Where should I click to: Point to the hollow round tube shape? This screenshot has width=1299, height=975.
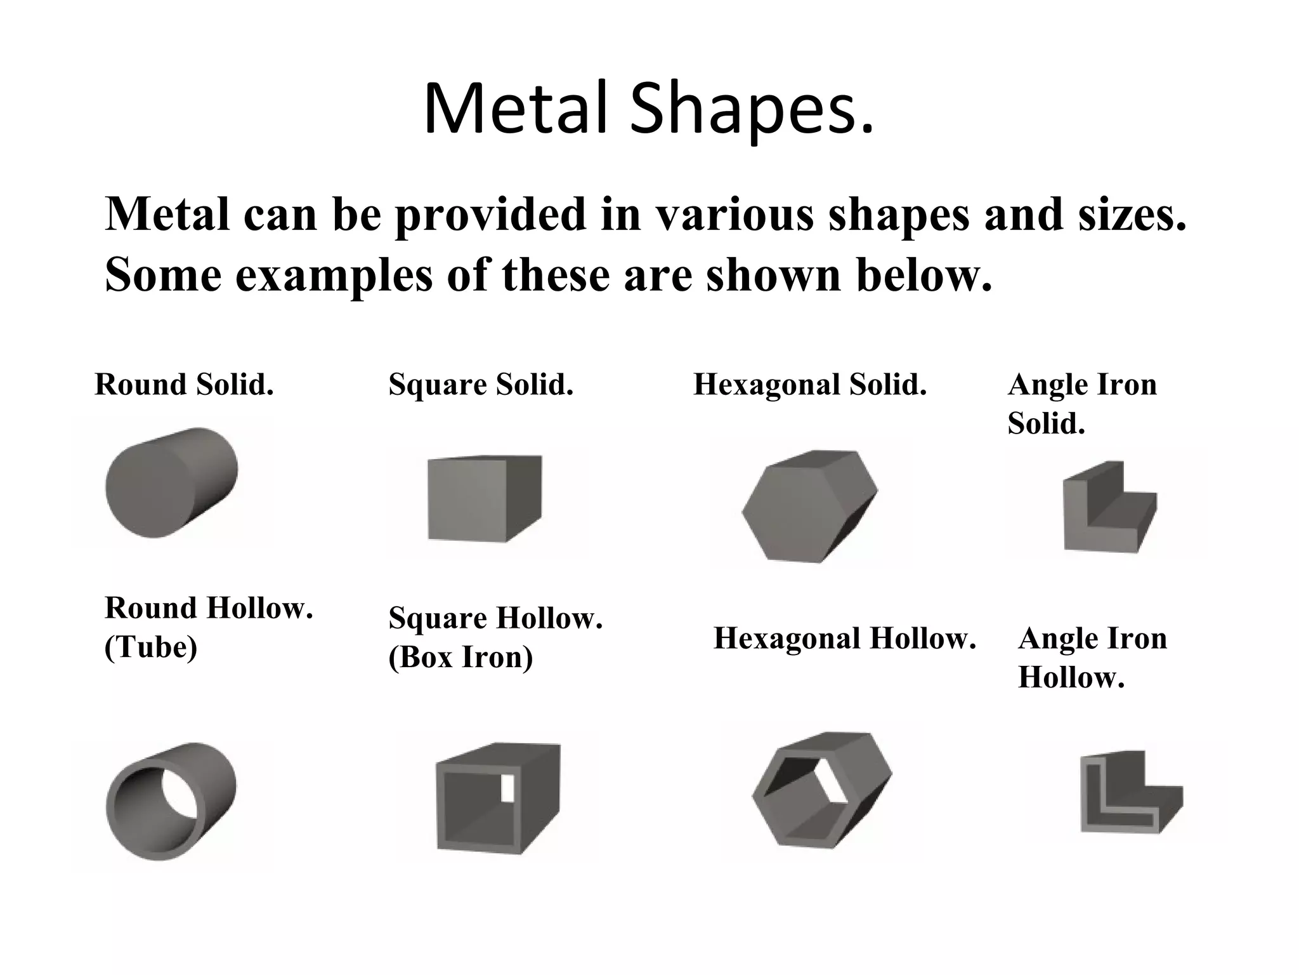[x=170, y=801]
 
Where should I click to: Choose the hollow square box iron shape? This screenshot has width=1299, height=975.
[x=497, y=799]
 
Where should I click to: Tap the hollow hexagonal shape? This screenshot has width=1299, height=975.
[x=821, y=791]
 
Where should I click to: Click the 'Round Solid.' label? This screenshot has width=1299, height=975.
[x=184, y=385]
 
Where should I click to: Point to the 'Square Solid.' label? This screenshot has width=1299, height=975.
[x=481, y=385]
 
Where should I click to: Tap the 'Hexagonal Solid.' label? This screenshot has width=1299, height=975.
[x=810, y=385]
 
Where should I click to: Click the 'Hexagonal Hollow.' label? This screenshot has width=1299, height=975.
[x=844, y=639]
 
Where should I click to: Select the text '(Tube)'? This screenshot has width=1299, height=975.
[x=151, y=647]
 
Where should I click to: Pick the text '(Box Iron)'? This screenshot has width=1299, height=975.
[x=460, y=657]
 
